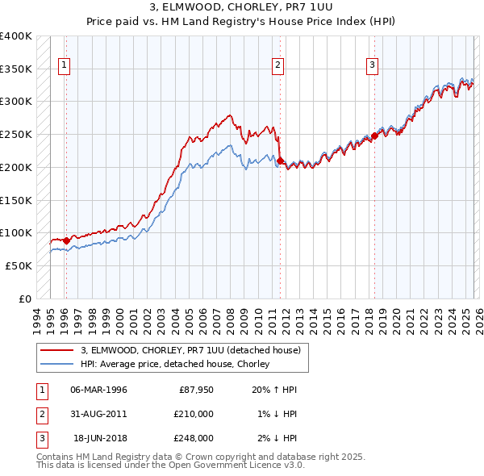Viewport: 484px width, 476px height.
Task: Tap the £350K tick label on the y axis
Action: click(x=16, y=69)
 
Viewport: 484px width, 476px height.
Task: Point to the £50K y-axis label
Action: click(x=19, y=265)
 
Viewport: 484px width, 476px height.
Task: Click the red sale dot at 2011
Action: click(x=280, y=161)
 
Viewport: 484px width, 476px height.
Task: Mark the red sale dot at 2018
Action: click(x=374, y=136)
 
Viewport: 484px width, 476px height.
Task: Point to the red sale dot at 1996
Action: click(x=66, y=240)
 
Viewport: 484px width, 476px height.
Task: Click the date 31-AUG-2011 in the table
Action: click(x=98, y=414)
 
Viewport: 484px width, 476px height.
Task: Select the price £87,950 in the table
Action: click(x=196, y=390)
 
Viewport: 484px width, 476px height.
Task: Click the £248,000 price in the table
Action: click(x=193, y=438)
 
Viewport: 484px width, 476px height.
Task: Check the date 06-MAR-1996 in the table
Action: click(x=98, y=390)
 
